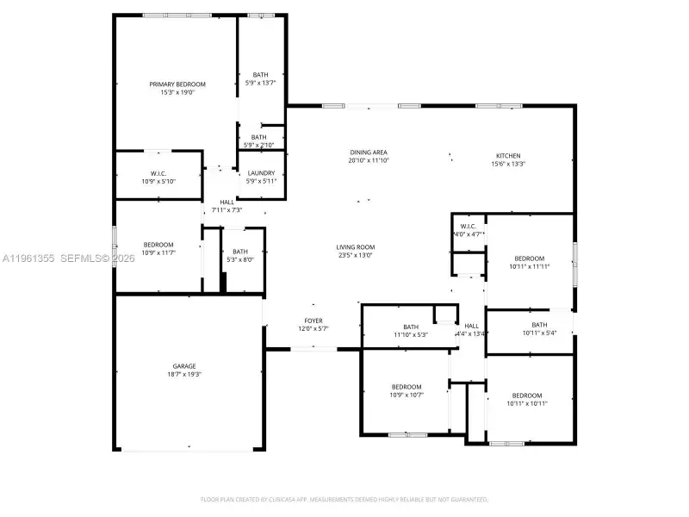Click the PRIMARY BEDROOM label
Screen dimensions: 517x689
point(177,84)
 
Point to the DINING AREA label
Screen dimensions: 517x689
point(369,152)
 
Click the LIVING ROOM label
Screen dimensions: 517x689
point(355,247)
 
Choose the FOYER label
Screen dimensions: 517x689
point(313,321)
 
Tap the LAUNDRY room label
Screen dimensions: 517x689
point(261,173)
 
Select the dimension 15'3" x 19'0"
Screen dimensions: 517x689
point(177,92)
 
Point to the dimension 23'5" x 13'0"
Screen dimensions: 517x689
point(355,255)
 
